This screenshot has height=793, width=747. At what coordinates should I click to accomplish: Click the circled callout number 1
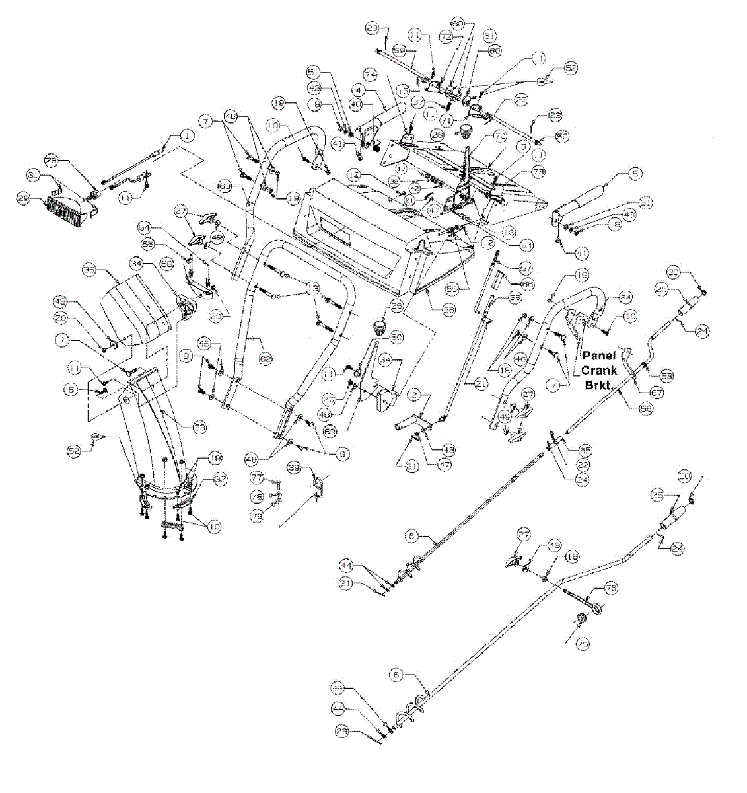tap(188, 135)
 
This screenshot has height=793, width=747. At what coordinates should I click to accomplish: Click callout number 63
tap(225, 188)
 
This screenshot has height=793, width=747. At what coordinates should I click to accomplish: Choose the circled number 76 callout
tap(611, 587)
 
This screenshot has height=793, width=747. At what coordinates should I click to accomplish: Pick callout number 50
tap(396, 337)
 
